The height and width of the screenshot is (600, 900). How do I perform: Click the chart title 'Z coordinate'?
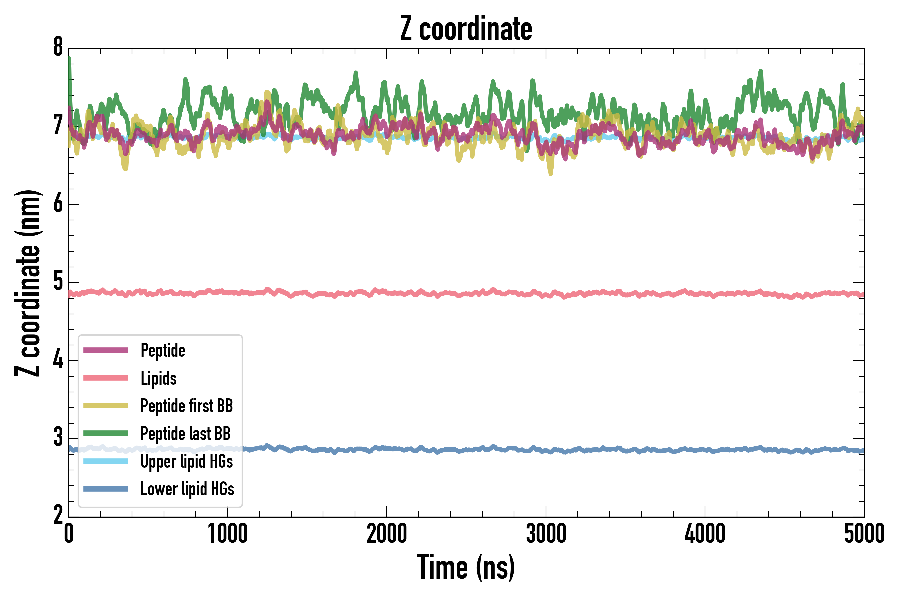[x=466, y=29]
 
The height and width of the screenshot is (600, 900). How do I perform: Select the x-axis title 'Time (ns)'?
[x=466, y=567]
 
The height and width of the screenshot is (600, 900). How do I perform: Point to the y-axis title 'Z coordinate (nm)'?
[x=28, y=283]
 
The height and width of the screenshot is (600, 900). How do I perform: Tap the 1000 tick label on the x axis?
[x=228, y=534]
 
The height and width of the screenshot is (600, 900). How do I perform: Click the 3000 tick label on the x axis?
[x=546, y=534]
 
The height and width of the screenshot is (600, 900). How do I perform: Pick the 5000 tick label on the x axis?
[x=864, y=534]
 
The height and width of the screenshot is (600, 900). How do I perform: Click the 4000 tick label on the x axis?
[x=705, y=534]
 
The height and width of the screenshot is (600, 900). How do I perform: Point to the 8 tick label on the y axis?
[x=58, y=47]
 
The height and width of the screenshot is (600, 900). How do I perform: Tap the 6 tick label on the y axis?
[x=58, y=204]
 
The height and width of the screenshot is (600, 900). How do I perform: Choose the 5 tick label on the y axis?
[x=58, y=282]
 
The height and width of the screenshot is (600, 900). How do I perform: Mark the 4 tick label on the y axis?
[x=58, y=360]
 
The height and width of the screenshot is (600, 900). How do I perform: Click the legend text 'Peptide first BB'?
[x=187, y=406]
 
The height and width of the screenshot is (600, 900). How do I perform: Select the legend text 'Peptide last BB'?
[x=186, y=434]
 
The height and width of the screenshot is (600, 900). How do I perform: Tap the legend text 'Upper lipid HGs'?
[x=187, y=461]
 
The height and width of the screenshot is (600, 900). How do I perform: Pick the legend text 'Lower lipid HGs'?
[x=187, y=489]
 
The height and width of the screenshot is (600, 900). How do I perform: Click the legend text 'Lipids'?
[x=159, y=378]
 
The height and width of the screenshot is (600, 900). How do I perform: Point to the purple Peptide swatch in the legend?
[x=106, y=350]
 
